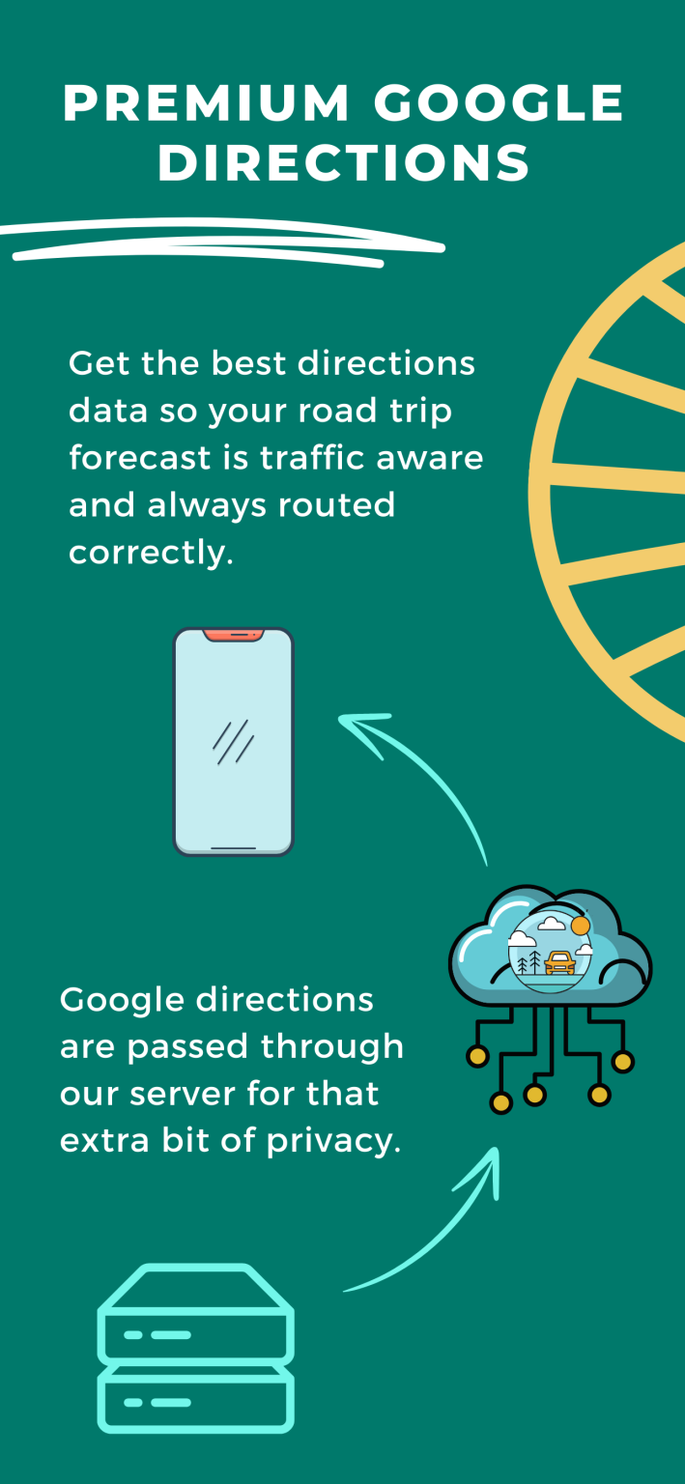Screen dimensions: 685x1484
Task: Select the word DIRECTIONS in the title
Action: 344,162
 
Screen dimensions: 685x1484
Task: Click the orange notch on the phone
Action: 233,635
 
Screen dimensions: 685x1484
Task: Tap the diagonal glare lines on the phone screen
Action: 233,742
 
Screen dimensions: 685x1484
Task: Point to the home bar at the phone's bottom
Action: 233,847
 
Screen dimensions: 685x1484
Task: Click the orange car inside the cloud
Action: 559,962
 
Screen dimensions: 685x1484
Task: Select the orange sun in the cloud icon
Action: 581,925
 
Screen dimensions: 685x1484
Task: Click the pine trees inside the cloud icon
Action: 529,962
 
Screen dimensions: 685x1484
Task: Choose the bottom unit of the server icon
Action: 196,1398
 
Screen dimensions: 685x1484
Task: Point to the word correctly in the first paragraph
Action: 151,553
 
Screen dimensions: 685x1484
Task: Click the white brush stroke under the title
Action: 222,243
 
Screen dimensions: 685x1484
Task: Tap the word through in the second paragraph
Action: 332,1047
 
